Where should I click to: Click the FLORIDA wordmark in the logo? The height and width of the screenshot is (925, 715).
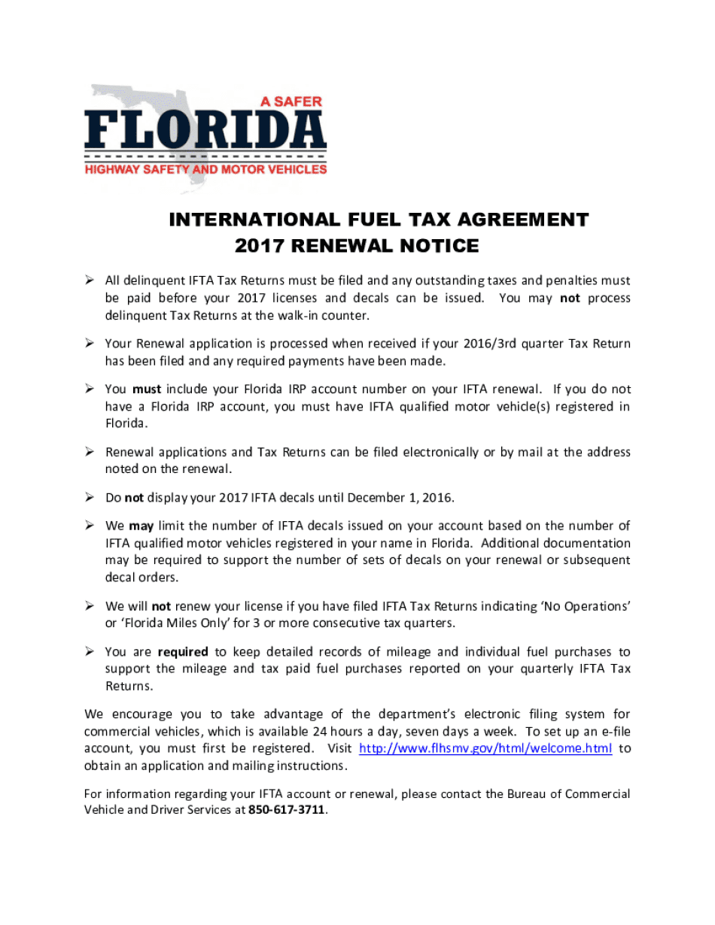[x=205, y=132]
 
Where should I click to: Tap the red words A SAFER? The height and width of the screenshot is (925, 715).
[x=291, y=101]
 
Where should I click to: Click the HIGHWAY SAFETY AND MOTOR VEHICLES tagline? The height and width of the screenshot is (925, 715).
[x=205, y=170]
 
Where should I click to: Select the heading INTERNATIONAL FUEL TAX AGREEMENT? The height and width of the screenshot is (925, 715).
[x=379, y=220]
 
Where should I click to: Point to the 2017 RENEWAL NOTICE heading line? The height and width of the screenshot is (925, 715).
[x=357, y=246]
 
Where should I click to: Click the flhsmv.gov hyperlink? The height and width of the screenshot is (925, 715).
[x=485, y=748]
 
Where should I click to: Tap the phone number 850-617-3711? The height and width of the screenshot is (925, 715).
[x=288, y=811]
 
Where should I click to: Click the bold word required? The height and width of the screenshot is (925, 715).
[x=183, y=652]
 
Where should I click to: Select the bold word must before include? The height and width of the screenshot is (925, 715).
[x=147, y=390]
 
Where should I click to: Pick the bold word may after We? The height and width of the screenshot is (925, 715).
[x=140, y=526]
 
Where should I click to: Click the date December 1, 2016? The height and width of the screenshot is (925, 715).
[x=400, y=498]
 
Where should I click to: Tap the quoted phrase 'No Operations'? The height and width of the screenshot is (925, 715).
[x=585, y=606]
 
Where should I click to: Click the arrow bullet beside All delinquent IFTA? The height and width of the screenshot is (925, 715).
[x=89, y=281]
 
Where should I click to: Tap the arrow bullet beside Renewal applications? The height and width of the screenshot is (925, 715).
[x=89, y=452]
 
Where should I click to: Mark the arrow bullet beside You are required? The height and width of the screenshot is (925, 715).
[x=89, y=651]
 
